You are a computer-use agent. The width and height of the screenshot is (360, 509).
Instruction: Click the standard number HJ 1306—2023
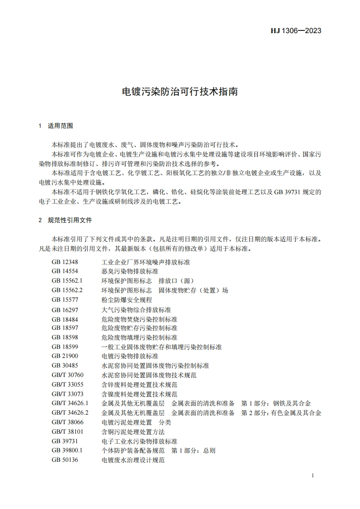(x=296, y=31)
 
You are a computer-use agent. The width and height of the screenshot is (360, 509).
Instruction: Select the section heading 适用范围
(x=60, y=126)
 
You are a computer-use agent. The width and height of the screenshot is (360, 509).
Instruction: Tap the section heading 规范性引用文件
(x=69, y=220)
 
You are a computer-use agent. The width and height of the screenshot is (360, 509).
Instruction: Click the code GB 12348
(x=65, y=262)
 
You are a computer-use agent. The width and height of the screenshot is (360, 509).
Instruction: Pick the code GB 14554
(x=65, y=271)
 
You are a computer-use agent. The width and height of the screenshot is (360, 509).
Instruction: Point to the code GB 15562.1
(x=67, y=281)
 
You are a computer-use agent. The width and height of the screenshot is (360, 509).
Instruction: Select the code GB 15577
(x=65, y=300)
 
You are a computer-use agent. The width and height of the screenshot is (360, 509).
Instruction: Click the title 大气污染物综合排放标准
(x=136, y=309)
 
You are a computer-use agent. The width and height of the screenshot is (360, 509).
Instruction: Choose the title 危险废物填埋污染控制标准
(x=139, y=338)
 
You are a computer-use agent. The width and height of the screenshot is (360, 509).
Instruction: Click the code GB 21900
(x=65, y=356)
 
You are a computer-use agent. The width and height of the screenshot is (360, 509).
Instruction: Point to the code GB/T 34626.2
(x=70, y=413)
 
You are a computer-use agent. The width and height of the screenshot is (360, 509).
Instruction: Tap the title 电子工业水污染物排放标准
(x=139, y=441)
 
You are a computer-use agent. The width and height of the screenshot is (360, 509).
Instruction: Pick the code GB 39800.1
(x=67, y=450)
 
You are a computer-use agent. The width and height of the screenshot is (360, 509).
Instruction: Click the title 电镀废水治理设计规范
(x=133, y=460)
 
